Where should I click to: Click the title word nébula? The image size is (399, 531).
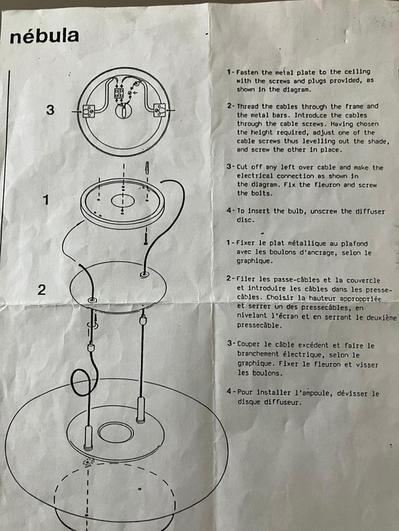click(x=44, y=36)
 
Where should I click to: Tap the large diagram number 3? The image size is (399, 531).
click(x=50, y=110)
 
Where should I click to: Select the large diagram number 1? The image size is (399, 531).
click(x=46, y=200)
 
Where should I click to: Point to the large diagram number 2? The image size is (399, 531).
click(x=42, y=290)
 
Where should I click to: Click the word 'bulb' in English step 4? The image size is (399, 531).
click(x=297, y=211)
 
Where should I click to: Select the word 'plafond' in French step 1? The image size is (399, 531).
click(x=354, y=243)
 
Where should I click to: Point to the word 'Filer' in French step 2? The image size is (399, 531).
click(x=246, y=280)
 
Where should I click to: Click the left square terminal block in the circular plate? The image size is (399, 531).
click(x=89, y=111)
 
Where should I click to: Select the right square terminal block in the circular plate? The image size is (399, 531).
click(x=160, y=110)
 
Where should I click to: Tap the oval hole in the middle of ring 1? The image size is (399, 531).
click(x=123, y=201)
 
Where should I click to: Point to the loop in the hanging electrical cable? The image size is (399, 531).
click(x=82, y=383)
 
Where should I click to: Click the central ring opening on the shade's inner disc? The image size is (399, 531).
click(x=115, y=433)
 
